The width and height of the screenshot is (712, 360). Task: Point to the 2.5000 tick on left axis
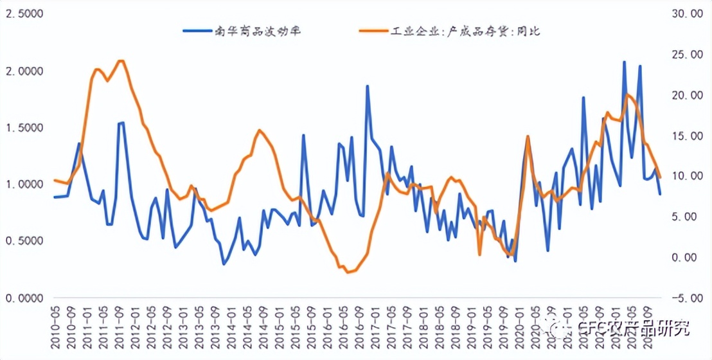click(x=23, y=14)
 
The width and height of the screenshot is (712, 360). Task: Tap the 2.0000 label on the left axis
click(x=23, y=71)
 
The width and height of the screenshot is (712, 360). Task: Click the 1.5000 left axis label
click(x=23, y=128)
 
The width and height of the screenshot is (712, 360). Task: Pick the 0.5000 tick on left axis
click(x=23, y=241)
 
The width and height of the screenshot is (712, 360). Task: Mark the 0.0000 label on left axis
click(x=23, y=298)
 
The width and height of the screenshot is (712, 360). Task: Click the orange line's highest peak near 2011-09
click(x=120, y=60)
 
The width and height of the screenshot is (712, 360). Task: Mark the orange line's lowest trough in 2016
click(x=348, y=273)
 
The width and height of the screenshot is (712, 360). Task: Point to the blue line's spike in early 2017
click(x=368, y=85)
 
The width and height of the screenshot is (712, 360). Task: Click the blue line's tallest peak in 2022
click(x=624, y=62)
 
